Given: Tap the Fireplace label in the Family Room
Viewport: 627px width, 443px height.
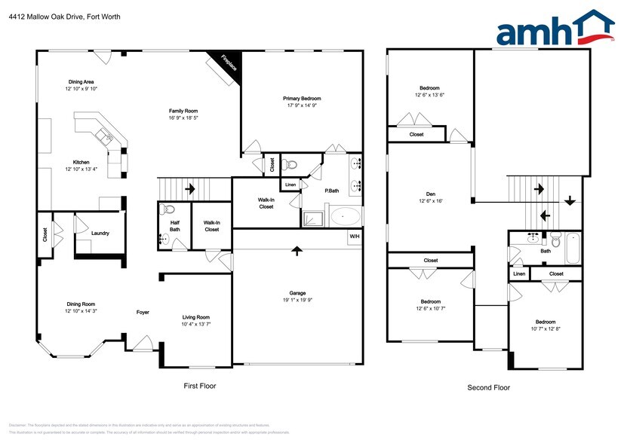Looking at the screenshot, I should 228,64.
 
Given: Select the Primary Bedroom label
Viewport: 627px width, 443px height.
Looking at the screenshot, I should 302,99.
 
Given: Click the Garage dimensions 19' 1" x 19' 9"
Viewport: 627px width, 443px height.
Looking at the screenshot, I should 297,301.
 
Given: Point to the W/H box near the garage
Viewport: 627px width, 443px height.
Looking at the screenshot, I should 353,237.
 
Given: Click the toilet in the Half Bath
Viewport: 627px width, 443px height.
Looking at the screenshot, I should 169,209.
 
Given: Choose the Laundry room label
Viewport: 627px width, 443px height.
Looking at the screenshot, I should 100,234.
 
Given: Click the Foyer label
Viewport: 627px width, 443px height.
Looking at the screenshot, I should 143,312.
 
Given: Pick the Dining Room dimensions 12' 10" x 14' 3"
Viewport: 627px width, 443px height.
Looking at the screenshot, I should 81,310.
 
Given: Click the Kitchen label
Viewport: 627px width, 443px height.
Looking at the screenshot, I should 81,162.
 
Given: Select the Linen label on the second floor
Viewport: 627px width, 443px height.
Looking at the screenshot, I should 519,274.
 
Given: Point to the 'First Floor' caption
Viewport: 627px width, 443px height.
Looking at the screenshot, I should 200,386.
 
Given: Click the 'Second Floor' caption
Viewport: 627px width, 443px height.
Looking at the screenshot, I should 488,387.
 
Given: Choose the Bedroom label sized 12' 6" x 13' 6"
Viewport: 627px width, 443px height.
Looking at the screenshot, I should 429,87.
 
